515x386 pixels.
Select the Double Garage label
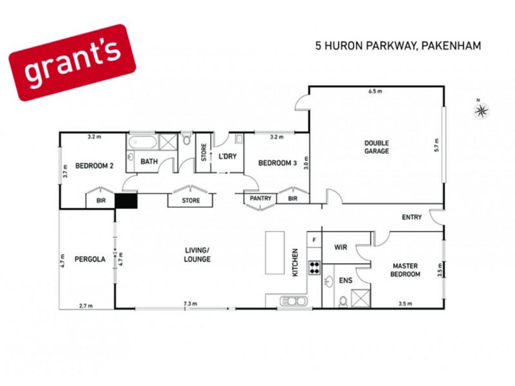tap(377, 147)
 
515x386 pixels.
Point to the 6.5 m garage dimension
tap(375, 92)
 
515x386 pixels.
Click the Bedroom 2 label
tap(95, 166)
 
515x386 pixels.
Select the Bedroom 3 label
tap(277, 163)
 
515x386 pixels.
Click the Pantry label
tap(260, 199)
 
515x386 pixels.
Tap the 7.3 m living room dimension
tap(190, 304)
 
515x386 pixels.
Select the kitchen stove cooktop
tap(314, 267)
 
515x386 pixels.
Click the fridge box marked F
tap(314, 240)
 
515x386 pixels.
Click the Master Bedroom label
tap(406, 270)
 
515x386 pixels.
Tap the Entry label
tap(411, 217)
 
